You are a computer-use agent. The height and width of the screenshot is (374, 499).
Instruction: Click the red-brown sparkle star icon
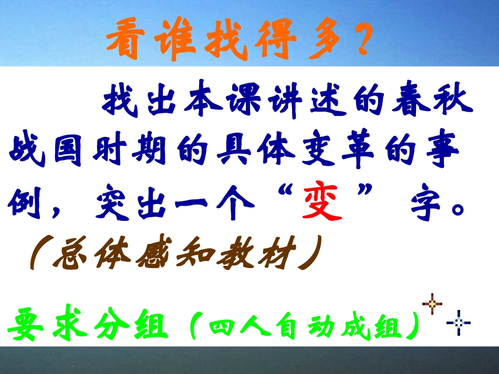pyautogui.click(x=432, y=304)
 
